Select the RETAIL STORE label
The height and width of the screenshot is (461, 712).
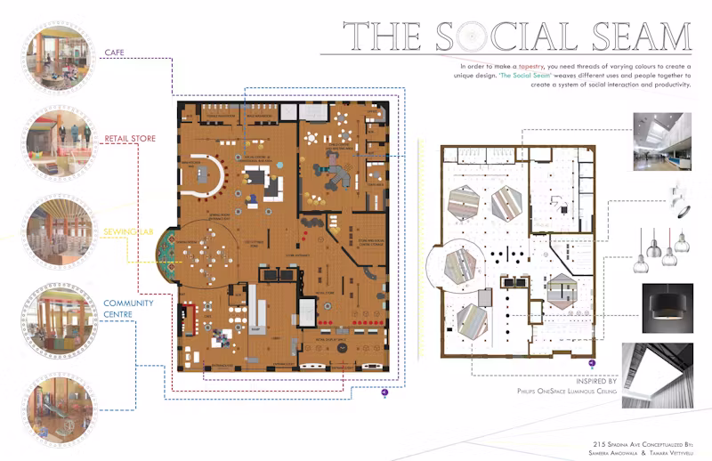point(130,140)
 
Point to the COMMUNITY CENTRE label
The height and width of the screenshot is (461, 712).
point(129,309)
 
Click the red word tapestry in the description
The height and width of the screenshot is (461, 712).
point(557,67)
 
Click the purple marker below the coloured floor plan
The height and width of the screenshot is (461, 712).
point(384,392)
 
